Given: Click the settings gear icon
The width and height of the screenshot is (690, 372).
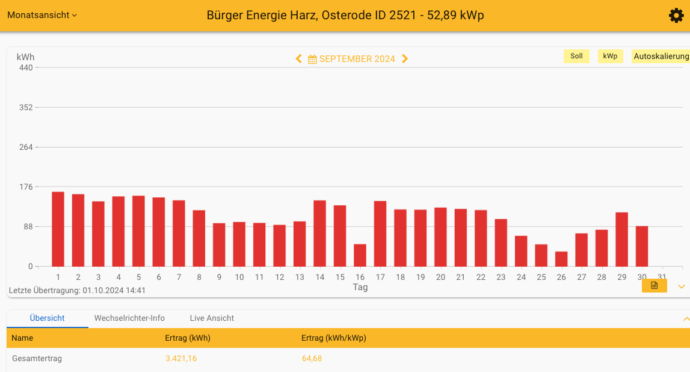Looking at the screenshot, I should pyautogui.click(x=676, y=16).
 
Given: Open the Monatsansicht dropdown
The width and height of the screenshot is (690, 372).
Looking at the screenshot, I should pyautogui.click(x=42, y=15).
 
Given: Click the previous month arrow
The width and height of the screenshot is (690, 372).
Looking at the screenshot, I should pyautogui.click(x=298, y=58).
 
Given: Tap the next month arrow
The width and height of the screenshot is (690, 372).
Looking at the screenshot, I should pyautogui.click(x=405, y=58).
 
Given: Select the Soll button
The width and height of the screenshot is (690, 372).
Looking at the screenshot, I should pyautogui.click(x=576, y=56).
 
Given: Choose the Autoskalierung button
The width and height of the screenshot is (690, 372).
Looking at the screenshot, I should pyautogui.click(x=661, y=56).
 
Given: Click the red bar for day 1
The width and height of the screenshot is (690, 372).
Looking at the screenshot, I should pyautogui.click(x=58, y=229).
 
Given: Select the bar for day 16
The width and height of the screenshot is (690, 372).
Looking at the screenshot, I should pyautogui.click(x=360, y=255).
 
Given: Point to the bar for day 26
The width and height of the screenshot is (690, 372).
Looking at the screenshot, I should pyautogui.click(x=561, y=259).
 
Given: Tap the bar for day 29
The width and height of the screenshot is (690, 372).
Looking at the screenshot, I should pyautogui.click(x=621, y=239).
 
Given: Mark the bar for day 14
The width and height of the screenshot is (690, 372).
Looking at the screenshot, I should pyautogui.click(x=319, y=233).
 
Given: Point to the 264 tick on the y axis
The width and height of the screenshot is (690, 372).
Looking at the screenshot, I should pyautogui.click(x=26, y=147).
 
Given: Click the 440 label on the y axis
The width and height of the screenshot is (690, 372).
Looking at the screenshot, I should pyautogui.click(x=26, y=67).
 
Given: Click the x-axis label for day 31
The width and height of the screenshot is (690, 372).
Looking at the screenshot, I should pyautogui.click(x=662, y=277).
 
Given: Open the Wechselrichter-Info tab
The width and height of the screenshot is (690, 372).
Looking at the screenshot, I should pyautogui.click(x=129, y=318).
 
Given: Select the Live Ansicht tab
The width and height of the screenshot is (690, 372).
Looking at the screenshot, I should pyautogui.click(x=212, y=318).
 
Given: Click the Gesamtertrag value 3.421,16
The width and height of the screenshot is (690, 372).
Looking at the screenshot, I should pyautogui.click(x=181, y=359).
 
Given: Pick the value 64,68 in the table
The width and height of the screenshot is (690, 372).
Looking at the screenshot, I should pyautogui.click(x=312, y=359).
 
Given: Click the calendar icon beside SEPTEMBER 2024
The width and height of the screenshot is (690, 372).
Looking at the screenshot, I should pyautogui.click(x=312, y=59).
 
